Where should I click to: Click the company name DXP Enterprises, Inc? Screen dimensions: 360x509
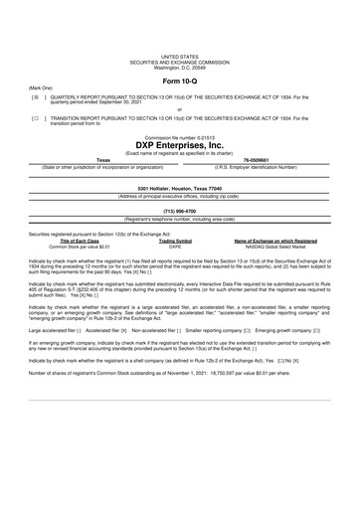(180, 145)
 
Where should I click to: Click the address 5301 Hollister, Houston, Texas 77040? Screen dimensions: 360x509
(179, 188)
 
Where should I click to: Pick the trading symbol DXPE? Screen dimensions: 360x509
(176, 246)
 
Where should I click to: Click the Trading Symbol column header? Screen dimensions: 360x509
(176, 241)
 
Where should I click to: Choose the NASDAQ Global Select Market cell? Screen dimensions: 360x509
(275, 246)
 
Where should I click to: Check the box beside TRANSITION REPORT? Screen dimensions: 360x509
(36, 116)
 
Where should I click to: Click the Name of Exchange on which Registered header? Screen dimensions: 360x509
(275, 241)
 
